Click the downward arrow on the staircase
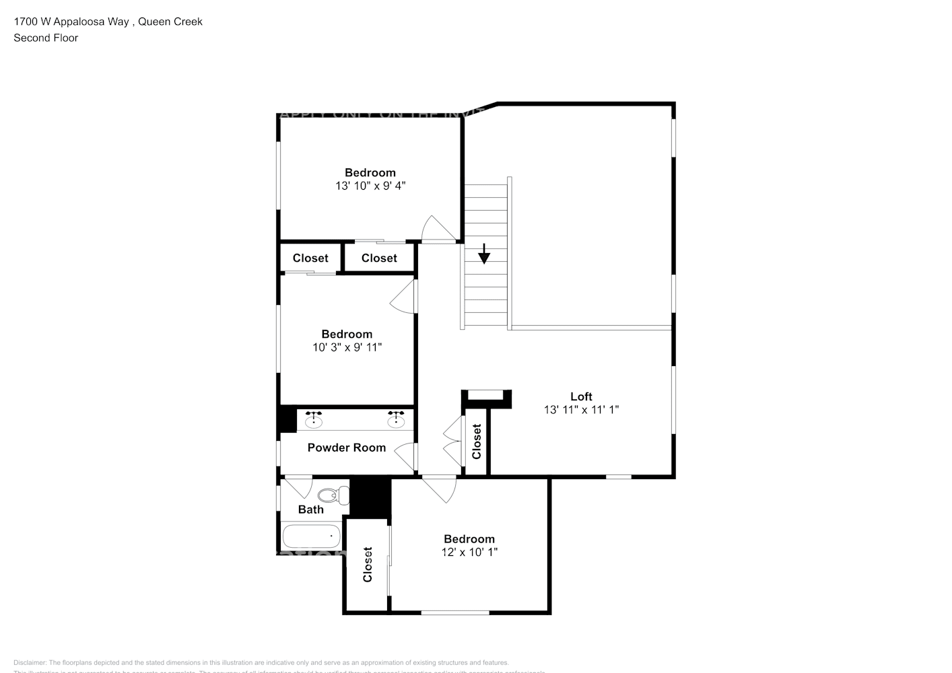click(484, 254)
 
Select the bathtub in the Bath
click(311, 537)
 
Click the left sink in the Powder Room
click(314, 422)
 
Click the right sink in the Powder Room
click(396, 422)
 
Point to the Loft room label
click(581, 396)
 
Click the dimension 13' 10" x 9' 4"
click(370, 186)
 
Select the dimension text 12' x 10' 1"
click(469, 552)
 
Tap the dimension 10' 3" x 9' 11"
click(347, 347)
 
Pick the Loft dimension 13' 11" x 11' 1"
click(581, 409)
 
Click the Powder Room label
click(347, 448)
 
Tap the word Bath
click(311, 509)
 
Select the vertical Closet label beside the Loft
click(477, 441)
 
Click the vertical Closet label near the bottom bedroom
click(368, 564)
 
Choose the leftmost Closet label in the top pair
click(310, 258)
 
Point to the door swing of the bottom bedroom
click(441, 489)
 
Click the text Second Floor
click(46, 38)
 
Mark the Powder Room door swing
click(406, 458)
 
